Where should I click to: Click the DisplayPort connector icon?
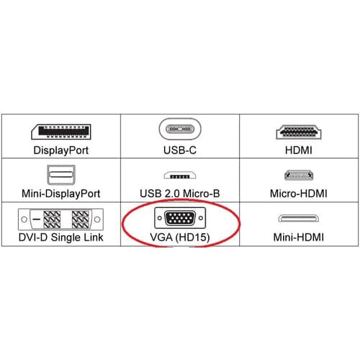click(61, 132)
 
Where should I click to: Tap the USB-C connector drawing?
click(180, 129)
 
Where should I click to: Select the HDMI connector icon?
click(299, 132)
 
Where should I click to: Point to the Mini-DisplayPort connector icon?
click(61, 175)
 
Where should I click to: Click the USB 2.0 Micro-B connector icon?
click(180, 175)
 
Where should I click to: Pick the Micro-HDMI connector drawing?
click(299, 175)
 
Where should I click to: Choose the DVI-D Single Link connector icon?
click(60, 219)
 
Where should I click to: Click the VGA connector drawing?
click(180, 218)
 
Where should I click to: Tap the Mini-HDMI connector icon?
click(299, 218)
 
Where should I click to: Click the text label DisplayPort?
click(61, 150)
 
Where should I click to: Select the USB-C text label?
click(180, 150)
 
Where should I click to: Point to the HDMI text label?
click(299, 150)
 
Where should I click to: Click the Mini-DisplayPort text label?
click(61, 194)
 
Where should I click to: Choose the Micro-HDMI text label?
click(299, 194)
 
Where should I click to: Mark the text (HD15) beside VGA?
click(193, 238)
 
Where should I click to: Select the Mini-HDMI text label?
click(299, 237)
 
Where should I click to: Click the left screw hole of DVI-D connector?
click(24, 219)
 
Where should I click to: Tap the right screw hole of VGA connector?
click(201, 218)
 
